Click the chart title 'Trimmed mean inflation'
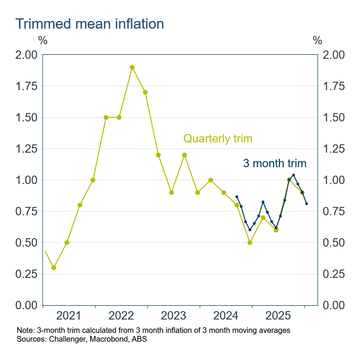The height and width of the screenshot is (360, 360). click(x=90, y=24)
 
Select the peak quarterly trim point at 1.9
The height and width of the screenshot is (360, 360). click(x=132, y=67)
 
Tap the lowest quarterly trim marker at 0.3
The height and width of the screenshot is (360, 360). click(x=54, y=268)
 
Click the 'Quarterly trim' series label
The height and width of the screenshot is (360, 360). click(x=218, y=138)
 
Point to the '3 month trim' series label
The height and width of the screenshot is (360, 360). click(x=274, y=163)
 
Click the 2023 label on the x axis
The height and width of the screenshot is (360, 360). click(x=174, y=316)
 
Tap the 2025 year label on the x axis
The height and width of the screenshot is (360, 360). click(x=278, y=316)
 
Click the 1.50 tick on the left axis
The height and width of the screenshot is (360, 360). click(x=26, y=118)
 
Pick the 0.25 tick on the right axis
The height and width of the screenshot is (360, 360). click(x=334, y=274)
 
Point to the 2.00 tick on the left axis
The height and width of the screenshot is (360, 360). click(x=26, y=55)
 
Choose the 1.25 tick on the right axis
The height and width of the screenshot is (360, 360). click(x=334, y=149)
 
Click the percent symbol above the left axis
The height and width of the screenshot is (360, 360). click(x=43, y=40)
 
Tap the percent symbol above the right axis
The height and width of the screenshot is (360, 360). click(x=317, y=40)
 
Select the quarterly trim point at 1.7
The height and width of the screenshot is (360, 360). click(x=145, y=92)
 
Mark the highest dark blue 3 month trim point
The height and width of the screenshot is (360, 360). click(x=294, y=175)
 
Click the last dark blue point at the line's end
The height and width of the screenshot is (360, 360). click(x=307, y=203)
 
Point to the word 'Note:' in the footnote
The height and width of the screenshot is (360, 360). click(x=25, y=330)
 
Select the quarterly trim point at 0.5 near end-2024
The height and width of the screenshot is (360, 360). click(x=250, y=242)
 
